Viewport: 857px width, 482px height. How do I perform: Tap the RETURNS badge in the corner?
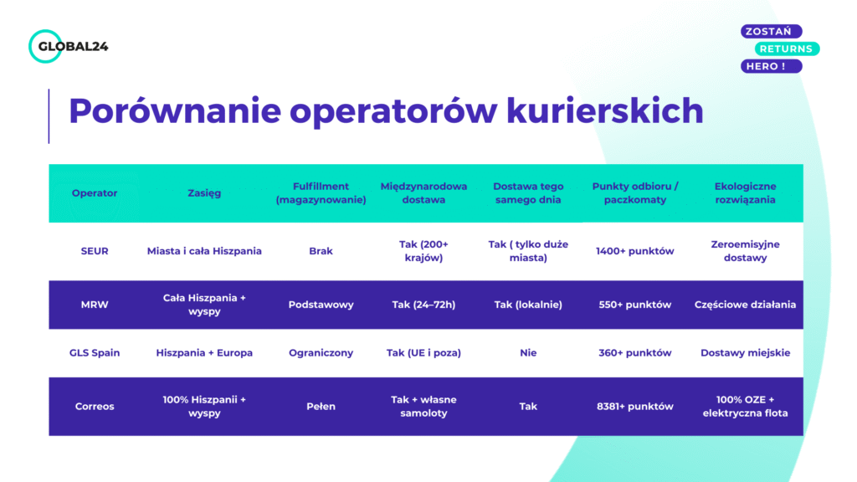click(785, 49)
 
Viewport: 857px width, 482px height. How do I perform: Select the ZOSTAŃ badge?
click(771, 31)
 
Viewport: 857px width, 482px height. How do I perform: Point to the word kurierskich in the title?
click(604, 111)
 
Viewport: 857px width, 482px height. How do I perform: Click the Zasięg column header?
click(204, 193)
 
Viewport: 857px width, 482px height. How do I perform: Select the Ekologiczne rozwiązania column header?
click(745, 193)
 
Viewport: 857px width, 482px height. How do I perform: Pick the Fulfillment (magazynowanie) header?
click(321, 193)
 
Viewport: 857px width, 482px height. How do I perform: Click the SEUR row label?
click(95, 251)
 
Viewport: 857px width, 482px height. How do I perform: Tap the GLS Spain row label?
click(95, 352)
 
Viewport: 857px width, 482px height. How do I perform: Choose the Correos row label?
click(95, 406)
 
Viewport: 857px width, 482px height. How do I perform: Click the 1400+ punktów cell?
click(634, 251)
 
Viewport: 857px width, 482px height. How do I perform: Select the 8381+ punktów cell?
click(634, 406)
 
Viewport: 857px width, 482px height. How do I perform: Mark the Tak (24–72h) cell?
click(423, 305)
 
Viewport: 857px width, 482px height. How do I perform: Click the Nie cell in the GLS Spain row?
click(528, 352)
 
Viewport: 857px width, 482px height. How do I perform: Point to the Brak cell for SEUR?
click(321, 251)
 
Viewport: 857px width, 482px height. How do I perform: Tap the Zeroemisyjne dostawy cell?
click(745, 251)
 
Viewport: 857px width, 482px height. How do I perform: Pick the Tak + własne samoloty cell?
click(423, 406)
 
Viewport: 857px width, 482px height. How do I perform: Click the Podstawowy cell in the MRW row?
click(321, 305)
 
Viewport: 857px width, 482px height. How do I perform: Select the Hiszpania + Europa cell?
click(204, 352)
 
